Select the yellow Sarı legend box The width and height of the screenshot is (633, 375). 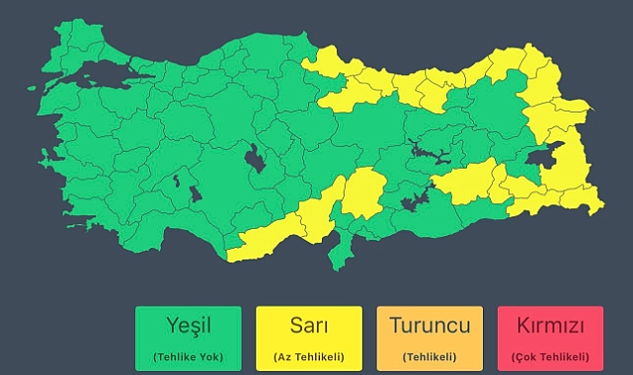coord(309,337)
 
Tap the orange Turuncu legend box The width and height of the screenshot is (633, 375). coord(430,337)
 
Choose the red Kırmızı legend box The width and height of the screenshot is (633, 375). coord(550,337)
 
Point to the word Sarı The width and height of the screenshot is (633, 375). coord(309,325)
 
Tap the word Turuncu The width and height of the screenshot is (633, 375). coord(430,325)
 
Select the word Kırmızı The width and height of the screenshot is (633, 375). coord(550,325)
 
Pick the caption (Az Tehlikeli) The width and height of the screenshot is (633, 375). coord(309,355)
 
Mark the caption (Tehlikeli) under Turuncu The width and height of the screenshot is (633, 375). coord(430,355)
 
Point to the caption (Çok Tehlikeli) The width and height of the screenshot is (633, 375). coord(550,355)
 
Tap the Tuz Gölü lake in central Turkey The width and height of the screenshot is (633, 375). coord(255,158)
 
